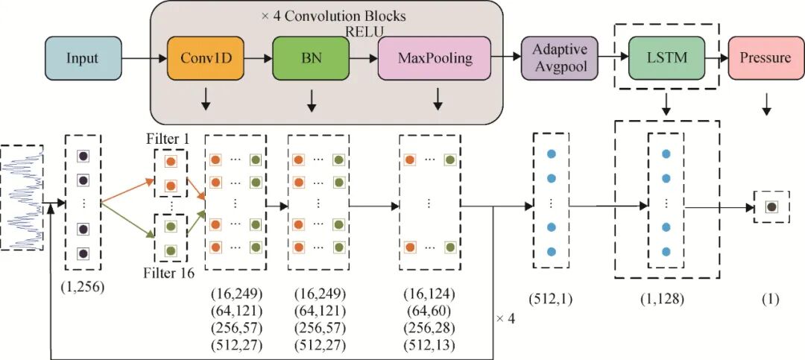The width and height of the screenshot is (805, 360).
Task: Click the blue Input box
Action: [82, 57]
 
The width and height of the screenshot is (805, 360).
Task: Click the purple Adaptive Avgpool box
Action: [559, 58]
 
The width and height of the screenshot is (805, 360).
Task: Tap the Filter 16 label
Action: [169, 274]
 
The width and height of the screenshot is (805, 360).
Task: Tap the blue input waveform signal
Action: [22, 197]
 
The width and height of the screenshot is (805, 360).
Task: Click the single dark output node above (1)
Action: [771, 206]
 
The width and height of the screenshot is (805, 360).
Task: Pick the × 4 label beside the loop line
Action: [506, 319]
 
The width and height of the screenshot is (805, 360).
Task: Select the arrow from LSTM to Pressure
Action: [717, 57]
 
